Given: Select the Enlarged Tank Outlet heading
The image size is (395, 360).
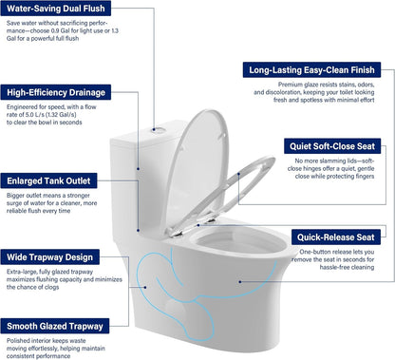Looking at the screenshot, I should point(57,180).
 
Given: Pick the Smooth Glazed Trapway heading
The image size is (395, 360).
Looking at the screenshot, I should point(60,323).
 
